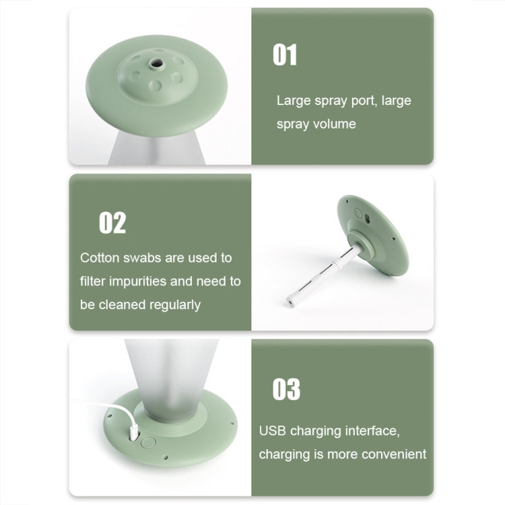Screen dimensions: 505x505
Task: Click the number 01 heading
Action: (x=285, y=55)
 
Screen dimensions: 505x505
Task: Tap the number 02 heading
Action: (x=112, y=223)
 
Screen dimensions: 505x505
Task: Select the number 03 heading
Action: (x=286, y=389)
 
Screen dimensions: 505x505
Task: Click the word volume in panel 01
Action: (x=335, y=125)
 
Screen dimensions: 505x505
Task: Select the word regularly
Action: (x=172, y=305)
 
